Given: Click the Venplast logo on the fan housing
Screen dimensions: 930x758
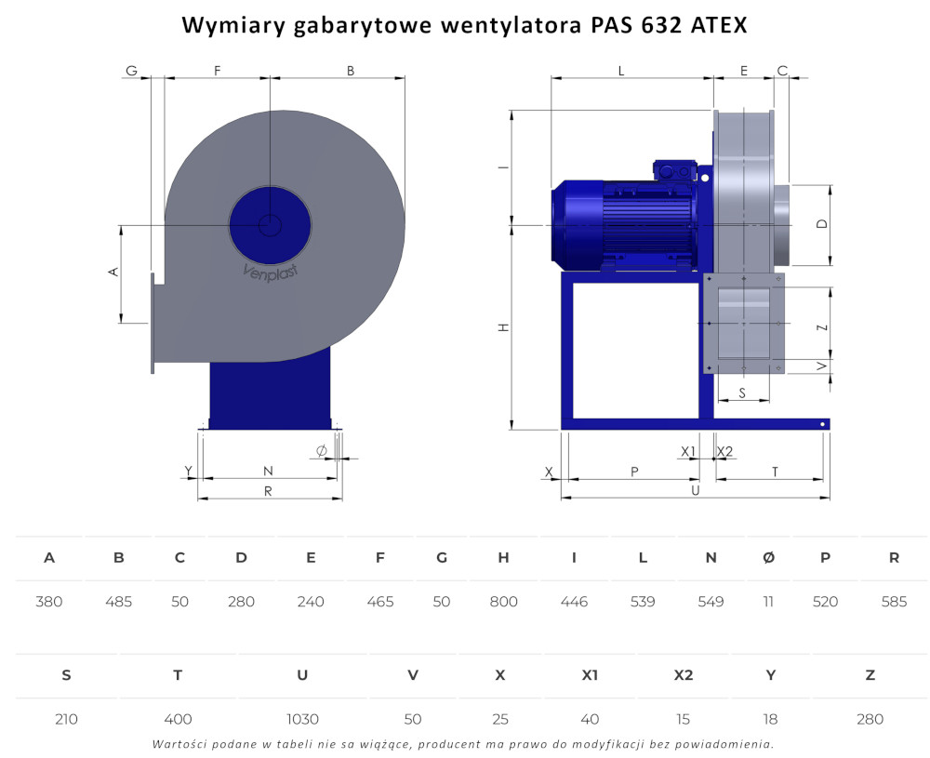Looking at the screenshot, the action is [x=271, y=273].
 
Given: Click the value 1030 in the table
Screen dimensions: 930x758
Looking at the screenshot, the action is [x=302, y=720].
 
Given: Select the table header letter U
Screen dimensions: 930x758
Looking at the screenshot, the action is [x=302, y=675].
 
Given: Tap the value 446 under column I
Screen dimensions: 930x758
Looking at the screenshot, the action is [x=574, y=602].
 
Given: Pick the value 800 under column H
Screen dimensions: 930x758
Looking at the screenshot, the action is [x=503, y=602].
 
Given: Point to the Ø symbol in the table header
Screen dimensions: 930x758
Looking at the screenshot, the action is [x=769, y=557].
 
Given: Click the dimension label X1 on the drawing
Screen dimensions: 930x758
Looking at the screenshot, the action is [x=688, y=451].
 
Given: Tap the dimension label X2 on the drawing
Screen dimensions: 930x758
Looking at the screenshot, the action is [x=724, y=451].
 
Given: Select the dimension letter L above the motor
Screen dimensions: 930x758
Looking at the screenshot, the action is [x=621, y=72].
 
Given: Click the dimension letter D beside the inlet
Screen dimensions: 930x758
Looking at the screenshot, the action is [x=822, y=223].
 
